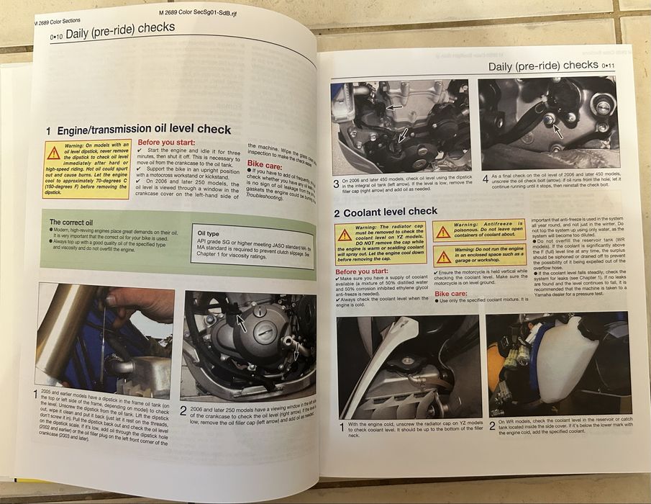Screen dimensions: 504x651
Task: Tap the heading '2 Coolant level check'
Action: click(386, 212)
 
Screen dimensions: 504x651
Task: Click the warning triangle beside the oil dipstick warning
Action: click(54, 152)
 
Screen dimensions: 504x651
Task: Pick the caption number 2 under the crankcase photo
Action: click(184, 410)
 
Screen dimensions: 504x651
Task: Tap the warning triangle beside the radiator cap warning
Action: click(345, 233)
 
